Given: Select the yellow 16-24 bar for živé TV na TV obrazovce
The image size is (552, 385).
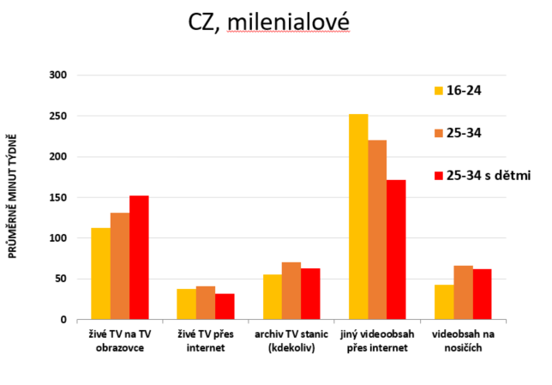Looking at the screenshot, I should point(101,274).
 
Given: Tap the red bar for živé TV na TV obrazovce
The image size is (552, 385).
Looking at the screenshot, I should point(139,257).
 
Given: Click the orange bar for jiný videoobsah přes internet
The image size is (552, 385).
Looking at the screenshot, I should point(377,230).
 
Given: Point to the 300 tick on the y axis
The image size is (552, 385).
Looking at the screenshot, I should point(58,75).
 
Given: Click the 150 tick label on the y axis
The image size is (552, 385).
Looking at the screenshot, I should point(58,197).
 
